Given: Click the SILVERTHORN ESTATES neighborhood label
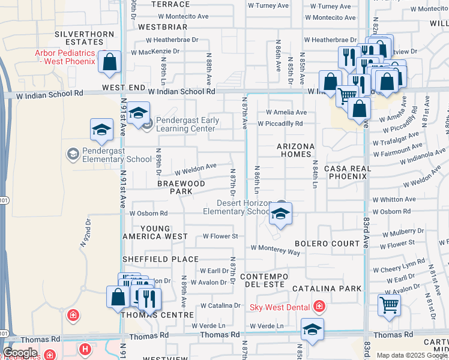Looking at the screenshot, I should pyautogui.click(x=79, y=38).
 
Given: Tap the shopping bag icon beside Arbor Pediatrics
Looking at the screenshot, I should pyautogui.click(x=110, y=62).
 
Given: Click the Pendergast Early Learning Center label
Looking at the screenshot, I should pyautogui.click(x=187, y=124).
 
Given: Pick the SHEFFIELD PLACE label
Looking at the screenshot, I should pyautogui.click(x=160, y=259).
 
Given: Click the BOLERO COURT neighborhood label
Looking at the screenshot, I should pyautogui.click(x=327, y=244).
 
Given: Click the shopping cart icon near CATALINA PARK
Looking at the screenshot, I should pyautogui.click(x=390, y=305).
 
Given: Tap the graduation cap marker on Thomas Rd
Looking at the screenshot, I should pyautogui.click(x=312, y=329).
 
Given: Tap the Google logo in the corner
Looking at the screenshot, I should pyautogui.click(x=20, y=353).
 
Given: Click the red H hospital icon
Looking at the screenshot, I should pyautogui.click(x=86, y=349).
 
